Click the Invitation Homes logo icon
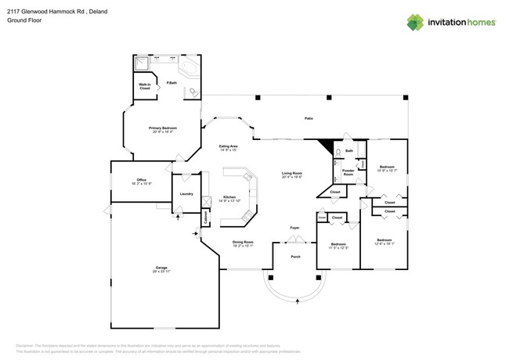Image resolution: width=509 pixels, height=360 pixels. click(x=415, y=22)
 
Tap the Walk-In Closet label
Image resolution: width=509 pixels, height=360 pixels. click(x=145, y=87)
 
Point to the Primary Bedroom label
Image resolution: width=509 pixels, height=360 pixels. click(x=163, y=129)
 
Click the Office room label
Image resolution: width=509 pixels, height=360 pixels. click(x=140, y=179)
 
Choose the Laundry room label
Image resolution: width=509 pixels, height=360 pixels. click(x=186, y=193)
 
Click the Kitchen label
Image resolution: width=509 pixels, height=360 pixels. click(x=229, y=196)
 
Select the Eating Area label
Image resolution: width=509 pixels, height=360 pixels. click(x=229, y=146)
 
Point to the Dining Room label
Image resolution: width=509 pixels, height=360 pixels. click(x=243, y=242)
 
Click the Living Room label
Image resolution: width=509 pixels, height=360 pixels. click(x=292, y=173)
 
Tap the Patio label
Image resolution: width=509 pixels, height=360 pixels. click(x=309, y=118)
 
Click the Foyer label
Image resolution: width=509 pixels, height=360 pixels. click(x=294, y=228)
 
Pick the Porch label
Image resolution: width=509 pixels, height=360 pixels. click(x=295, y=256)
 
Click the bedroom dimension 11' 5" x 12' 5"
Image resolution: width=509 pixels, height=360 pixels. click(x=338, y=248)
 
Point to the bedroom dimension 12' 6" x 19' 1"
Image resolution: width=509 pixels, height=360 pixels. click(x=384, y=243)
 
